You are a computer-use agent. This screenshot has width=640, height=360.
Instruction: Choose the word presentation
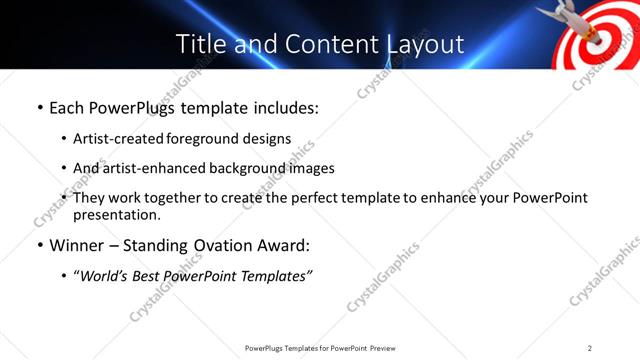click(116, 215)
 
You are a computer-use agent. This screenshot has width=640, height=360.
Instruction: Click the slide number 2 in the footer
click(590, 347)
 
